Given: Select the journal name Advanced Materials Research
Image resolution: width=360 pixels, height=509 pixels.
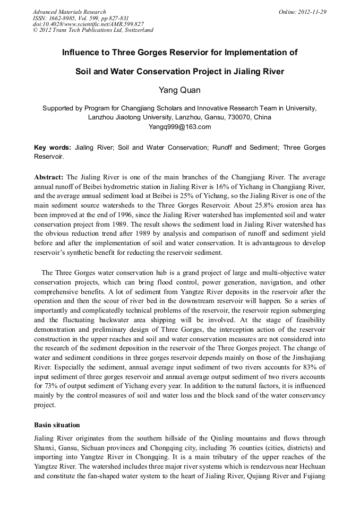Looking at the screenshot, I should [x=69, y=11].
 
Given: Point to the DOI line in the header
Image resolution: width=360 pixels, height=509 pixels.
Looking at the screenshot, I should [x=88, y=24].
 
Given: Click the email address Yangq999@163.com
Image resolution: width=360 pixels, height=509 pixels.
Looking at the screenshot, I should [x=179, y=126].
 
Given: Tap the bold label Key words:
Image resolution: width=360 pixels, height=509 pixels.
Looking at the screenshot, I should [x=52, y=148].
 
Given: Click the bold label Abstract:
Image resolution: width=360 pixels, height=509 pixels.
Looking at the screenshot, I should [x=49, y=177].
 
